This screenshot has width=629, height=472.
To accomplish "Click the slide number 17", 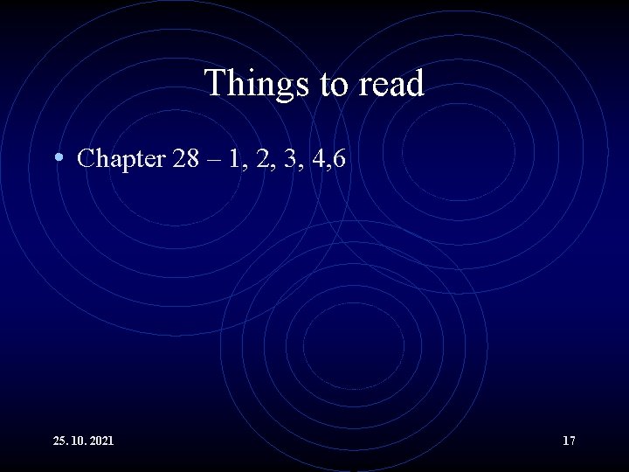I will click(x=569, y=441).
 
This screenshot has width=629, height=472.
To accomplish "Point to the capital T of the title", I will click(x=215, y=84).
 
